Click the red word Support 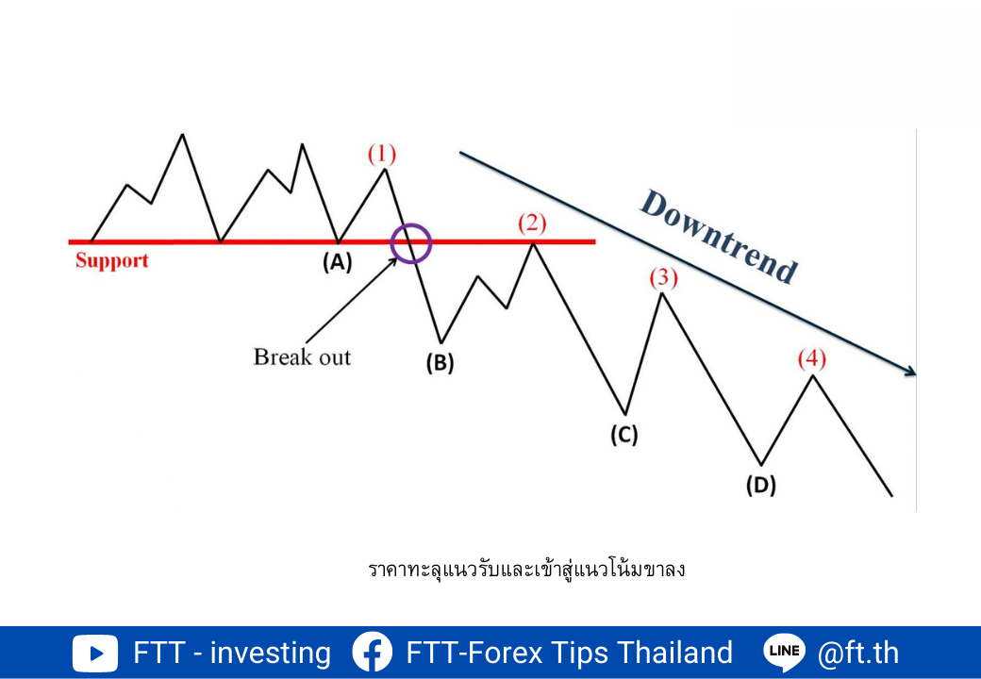click(x=112, y=260)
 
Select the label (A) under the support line click(x=338, y=262)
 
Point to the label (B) click(x=440, y=363)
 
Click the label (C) click(x=624, y=435)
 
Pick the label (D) click(x=761, y=485)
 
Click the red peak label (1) click(x=382, y=154)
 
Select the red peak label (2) click(x=532, y=224)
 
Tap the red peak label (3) click(x=663, y=277)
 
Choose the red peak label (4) click(x=812, y=359)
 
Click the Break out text click(x=302, y=357)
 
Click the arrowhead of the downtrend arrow click(x=911, y=372)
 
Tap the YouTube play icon click(x=94, y=654)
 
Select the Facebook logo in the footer click(x=373, y=653)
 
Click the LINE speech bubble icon click(x=784, y=652)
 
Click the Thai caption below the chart click(x=526, y=570)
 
